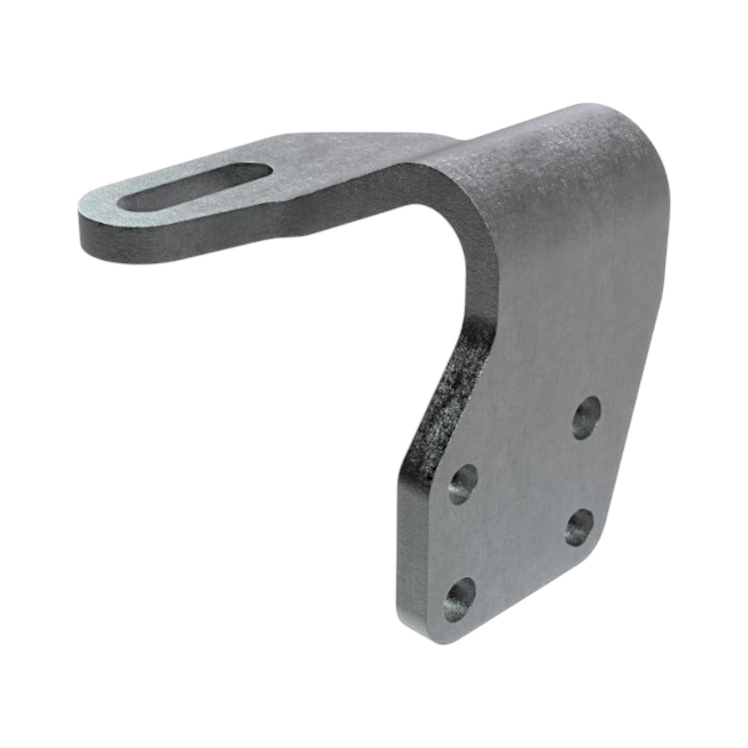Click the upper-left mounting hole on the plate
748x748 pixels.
click(x=462, y=484)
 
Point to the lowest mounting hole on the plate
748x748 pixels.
click(x=460, y=599)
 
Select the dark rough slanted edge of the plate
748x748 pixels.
click(x=450, y=393)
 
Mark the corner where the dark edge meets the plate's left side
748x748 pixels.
click(x=401, y=468)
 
